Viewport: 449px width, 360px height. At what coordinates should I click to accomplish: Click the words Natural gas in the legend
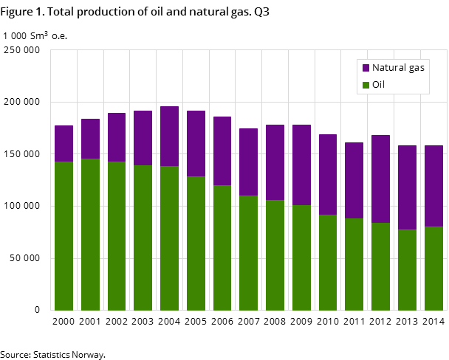click(398, 68)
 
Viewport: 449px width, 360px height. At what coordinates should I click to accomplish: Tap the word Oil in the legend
click(378, 85)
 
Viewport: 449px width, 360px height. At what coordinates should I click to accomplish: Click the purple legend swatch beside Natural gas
click(366, 68)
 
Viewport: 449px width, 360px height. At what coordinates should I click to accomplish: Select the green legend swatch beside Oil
click(366, 86)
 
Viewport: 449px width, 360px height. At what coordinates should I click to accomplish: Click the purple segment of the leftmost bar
click(64, 144)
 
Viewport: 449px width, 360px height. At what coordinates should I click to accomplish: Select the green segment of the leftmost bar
click(64, 236)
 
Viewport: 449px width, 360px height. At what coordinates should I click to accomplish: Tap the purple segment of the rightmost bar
click(433, 186)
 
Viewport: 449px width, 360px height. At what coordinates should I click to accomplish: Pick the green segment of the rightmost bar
click(433, 269)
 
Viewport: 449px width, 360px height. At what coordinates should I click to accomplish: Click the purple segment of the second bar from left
click(90, 139)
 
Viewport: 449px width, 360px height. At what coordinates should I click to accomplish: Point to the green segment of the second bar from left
click(90, 235)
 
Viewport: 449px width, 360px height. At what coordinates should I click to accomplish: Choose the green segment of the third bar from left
click(117, 236)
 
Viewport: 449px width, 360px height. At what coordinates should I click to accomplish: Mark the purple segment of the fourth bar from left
click(143, 138)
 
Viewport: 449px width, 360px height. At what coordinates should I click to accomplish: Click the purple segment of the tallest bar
click(169, 136)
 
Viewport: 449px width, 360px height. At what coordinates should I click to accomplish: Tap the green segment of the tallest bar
click(169, 238)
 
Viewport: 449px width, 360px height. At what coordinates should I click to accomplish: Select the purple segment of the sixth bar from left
click(196, 144)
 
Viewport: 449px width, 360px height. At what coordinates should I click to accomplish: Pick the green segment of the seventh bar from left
click(222, 248)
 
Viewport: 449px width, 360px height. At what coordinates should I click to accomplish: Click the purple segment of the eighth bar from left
click(249, 162)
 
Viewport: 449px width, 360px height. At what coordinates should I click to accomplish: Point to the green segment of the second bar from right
click(407, 270)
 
